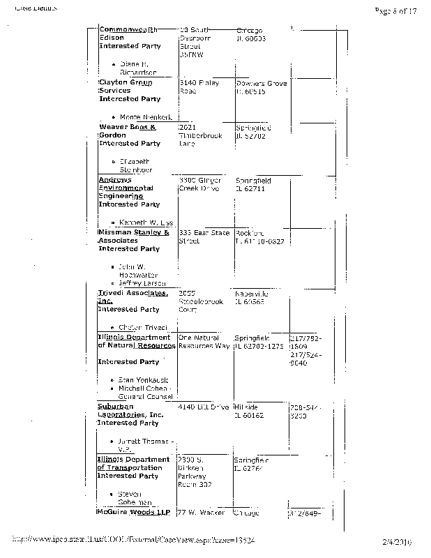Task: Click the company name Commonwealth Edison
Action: pos(128,33)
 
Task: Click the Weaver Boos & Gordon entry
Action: pos(128,132)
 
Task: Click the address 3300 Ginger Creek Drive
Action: pos(201,184)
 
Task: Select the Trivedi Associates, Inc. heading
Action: pos(133,297)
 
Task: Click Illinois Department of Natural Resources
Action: pos(134,342)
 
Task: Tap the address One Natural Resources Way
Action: pos(204,342)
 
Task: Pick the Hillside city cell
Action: pos(248,411)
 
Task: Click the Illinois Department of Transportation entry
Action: pos(133,464)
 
